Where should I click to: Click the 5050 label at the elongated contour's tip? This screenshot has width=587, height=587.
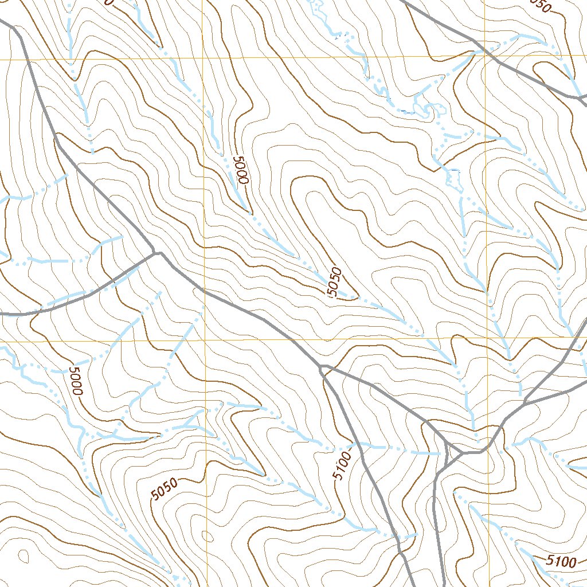(335, 282)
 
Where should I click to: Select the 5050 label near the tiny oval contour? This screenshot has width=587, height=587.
(165, 489)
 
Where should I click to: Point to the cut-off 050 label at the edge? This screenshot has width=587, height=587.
(540, 6)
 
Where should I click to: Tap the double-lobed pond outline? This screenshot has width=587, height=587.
(426, 108)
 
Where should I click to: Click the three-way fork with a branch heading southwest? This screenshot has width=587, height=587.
(155, 252)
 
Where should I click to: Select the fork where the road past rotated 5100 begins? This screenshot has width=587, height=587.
(323, 366)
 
